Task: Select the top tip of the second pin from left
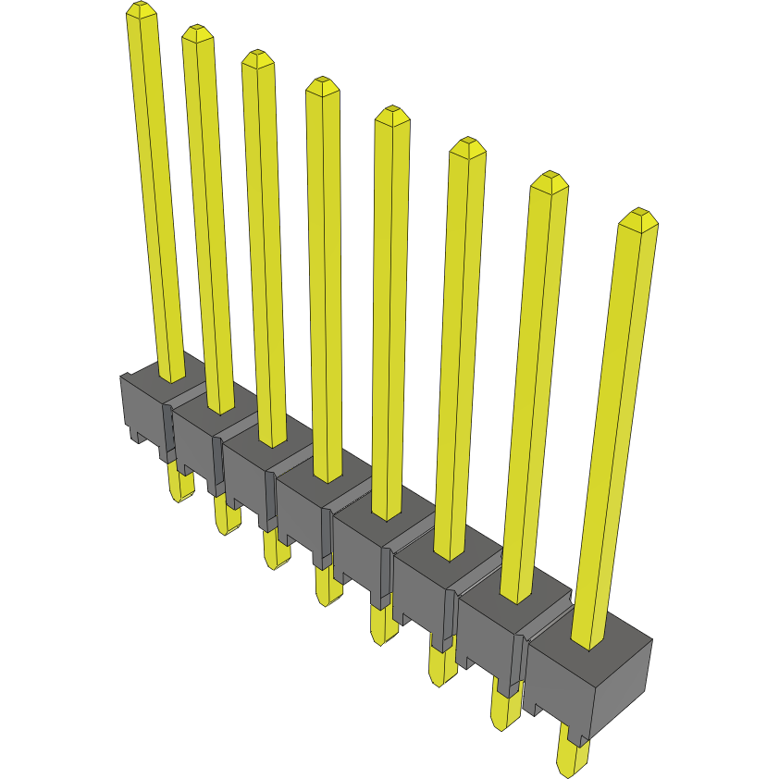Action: coord(197,34)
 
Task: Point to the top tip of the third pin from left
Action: coord(258,58)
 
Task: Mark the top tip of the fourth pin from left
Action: coord(322,86)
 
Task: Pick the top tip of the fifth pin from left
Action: coord(392,116)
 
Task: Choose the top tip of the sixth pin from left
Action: coord(467,147)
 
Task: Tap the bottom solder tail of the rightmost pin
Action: coord(573,754)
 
